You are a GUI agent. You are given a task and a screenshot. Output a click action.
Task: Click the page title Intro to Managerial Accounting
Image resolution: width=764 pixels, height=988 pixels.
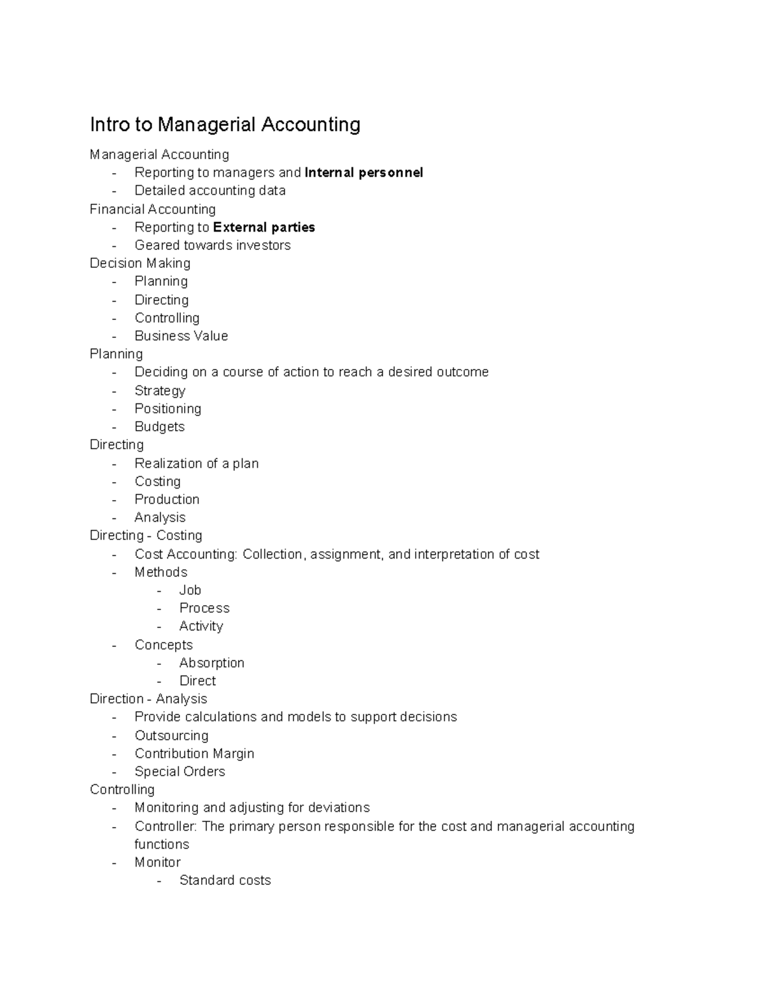click(225, 124)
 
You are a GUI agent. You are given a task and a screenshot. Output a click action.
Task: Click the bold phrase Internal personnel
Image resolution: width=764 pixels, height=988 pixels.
click(364, 172)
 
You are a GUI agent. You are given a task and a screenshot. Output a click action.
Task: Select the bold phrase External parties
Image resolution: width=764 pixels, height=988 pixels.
click(264, 227)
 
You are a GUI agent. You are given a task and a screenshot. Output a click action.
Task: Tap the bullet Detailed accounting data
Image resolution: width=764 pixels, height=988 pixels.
click(209, 190)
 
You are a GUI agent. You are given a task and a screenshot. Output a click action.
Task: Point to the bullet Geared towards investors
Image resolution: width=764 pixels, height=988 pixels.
click(212, 245)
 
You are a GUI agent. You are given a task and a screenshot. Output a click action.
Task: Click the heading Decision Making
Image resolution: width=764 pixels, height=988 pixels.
click(140, 263)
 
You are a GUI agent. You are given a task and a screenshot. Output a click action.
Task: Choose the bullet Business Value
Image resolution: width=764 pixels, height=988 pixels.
click(181, 336)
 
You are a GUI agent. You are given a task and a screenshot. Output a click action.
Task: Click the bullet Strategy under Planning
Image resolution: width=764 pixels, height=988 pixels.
click(160, 391)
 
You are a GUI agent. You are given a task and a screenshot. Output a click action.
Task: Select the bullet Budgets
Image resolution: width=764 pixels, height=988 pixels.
click(159, 427)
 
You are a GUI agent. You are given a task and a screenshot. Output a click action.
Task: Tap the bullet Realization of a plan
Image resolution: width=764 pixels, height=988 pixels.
click(196, 463)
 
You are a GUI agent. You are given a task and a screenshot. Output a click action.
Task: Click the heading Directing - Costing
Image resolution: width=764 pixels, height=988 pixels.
click(146, 535)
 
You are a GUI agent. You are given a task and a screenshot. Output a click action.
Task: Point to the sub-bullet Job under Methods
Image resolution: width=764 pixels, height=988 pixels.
click(190, 590)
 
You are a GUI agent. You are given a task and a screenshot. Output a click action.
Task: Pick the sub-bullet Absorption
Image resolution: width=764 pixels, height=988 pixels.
click(211, 663)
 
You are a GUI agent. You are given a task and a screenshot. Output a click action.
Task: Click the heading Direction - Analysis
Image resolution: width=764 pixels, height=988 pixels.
click(148, 699)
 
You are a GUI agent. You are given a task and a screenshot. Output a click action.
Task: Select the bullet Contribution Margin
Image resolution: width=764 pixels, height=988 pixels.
click(194, 753)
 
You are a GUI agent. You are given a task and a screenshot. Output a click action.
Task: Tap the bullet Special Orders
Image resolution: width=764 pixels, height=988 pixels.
click(180, 772)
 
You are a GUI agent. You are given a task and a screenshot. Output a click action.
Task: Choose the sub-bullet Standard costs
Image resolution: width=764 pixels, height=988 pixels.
click(225, 880)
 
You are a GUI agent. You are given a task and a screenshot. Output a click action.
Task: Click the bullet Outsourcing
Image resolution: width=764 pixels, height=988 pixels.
click(171, 735)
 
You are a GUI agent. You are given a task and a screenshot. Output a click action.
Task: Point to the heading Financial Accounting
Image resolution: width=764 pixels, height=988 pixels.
click(153, 209)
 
